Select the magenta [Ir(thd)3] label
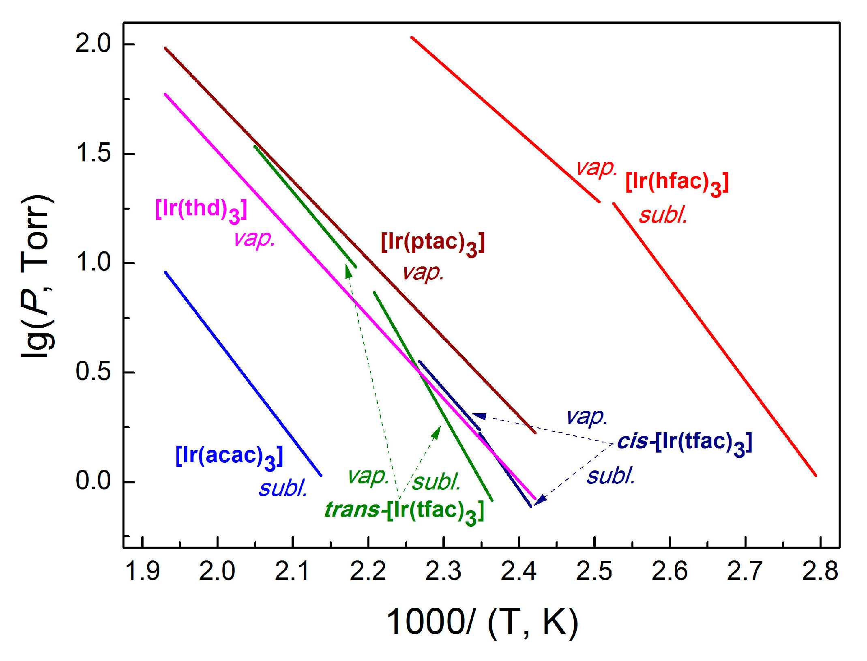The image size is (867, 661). coord(201,210)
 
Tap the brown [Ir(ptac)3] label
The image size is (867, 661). coord(432,243)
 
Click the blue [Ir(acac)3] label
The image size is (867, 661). coord(229,457)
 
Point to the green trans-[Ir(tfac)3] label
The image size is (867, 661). coord(404,511)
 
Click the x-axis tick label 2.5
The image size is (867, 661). coord(594,571)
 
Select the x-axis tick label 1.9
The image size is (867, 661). coord(142,571)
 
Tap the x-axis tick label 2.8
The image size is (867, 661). coord(820,571)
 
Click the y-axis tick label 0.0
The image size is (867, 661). coord(93,481)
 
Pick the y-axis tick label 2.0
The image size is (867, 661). coord(93,43)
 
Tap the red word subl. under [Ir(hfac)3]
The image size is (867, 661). coord(663,215)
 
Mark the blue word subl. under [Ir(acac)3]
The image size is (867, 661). coord(283,488)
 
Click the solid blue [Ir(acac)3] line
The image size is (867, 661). coord(243,373)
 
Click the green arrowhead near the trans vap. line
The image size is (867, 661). coord(348,271)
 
